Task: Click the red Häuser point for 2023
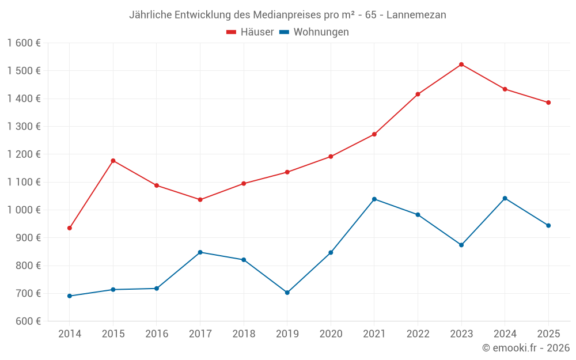pyautogui.click(x=461, y=65)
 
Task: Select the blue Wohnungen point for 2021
pyautogui.click(x=374, y=199)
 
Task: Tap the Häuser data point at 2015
pyautogui.click(x=113, y=161)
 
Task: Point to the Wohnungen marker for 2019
pyautogui.click(x=287, y=293)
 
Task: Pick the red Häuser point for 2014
pyautogui.click(x=70, y=228)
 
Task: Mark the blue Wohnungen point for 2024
pyautogui.click(x=505, y=198)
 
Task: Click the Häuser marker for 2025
pyautogui.click(x=548, y=103)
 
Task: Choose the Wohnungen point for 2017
pyautogui.click(x=200, y=252)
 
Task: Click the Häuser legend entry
pyautogui.click(x=250, y=32)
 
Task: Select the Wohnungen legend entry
pyautogui.click(x=314, y=32)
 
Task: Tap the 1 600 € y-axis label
pyautogui.click(x=24, y=43)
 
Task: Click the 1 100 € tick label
pyautogui.click(x=24, y=182)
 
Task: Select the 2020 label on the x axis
pyautogui.click(x=331, y=334)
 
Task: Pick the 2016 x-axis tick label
pyautogui.click(x=157, y=334)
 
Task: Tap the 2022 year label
pyautogui.click(x=418, y=334)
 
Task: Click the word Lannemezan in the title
pyautogui.click(x=416, y=15)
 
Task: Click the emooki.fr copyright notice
pyautogui.click(x=525, y=348)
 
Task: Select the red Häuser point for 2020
pyautogui.click(x=331, y=157)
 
